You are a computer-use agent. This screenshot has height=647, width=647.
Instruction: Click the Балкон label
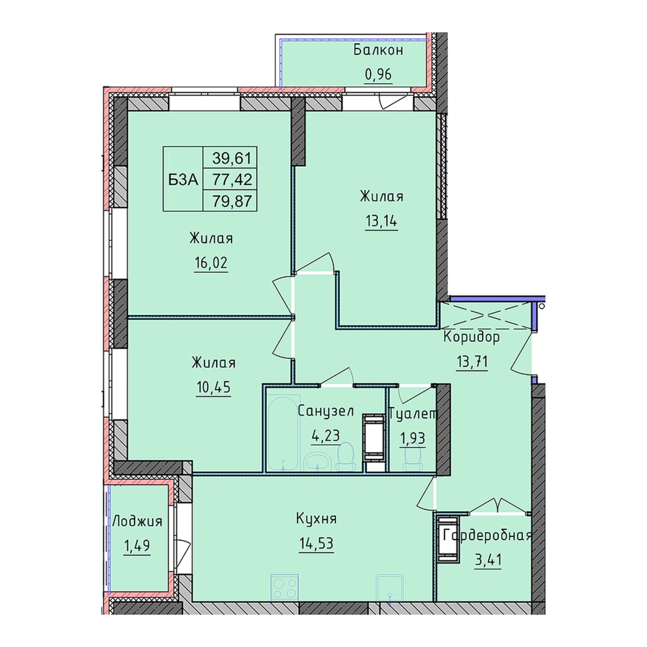(x=378, y=50)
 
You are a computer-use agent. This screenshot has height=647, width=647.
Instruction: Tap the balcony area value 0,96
(x=378, y=75)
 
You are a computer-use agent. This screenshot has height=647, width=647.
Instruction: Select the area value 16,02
(x=211, y=262)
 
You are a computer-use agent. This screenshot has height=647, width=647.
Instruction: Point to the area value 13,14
(x=381, y=221)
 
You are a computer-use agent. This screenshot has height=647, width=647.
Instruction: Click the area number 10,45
(x=214, y=387)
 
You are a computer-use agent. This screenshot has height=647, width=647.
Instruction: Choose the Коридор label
(x=472, y=337)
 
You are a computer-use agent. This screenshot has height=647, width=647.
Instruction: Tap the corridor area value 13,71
(x=472, y=362)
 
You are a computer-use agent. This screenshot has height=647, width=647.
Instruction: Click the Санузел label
(x=326, y=411)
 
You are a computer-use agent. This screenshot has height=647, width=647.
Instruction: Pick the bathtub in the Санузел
(x=282, y=434)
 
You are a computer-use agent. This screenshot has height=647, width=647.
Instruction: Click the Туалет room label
(x=412, y=413)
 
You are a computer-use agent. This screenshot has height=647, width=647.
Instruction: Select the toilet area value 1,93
(x=412, y=438)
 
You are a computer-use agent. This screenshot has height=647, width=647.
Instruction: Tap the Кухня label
(x=317, y=518)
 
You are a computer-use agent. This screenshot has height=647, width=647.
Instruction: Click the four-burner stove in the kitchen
(x=284, y=586)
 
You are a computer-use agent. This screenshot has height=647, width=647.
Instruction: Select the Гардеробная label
(x=487, y=536)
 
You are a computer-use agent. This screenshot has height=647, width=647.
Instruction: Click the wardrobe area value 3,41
(x=488, y=561)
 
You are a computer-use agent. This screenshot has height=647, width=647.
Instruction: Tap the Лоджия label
(x=137, y=522)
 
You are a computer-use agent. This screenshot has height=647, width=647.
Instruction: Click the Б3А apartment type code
(x=183, y=180)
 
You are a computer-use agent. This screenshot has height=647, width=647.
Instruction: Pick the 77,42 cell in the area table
(x=232, y=180)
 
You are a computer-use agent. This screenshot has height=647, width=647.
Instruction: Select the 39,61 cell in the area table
(x=232, y=158)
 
